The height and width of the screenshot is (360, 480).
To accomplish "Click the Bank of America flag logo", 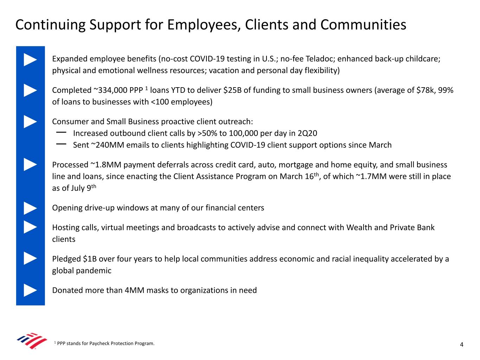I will [32, 341].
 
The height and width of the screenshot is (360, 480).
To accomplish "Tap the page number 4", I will [462, 345].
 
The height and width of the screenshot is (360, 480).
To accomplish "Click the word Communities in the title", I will [363, 25].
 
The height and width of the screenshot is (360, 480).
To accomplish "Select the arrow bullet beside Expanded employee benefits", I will [30, 59].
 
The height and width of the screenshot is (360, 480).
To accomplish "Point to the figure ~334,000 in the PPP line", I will [110, 90].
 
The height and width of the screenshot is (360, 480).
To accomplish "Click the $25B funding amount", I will [232, 90].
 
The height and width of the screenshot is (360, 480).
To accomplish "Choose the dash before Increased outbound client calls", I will [61, 133].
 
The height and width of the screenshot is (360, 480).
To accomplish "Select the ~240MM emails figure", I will [105, 145].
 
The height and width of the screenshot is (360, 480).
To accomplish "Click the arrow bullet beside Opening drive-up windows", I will [30, 208].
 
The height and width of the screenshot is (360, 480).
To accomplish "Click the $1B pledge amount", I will [90, 259].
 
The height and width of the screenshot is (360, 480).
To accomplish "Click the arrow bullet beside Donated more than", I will [30, 290].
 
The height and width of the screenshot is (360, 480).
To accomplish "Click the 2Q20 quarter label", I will [307, 133].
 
